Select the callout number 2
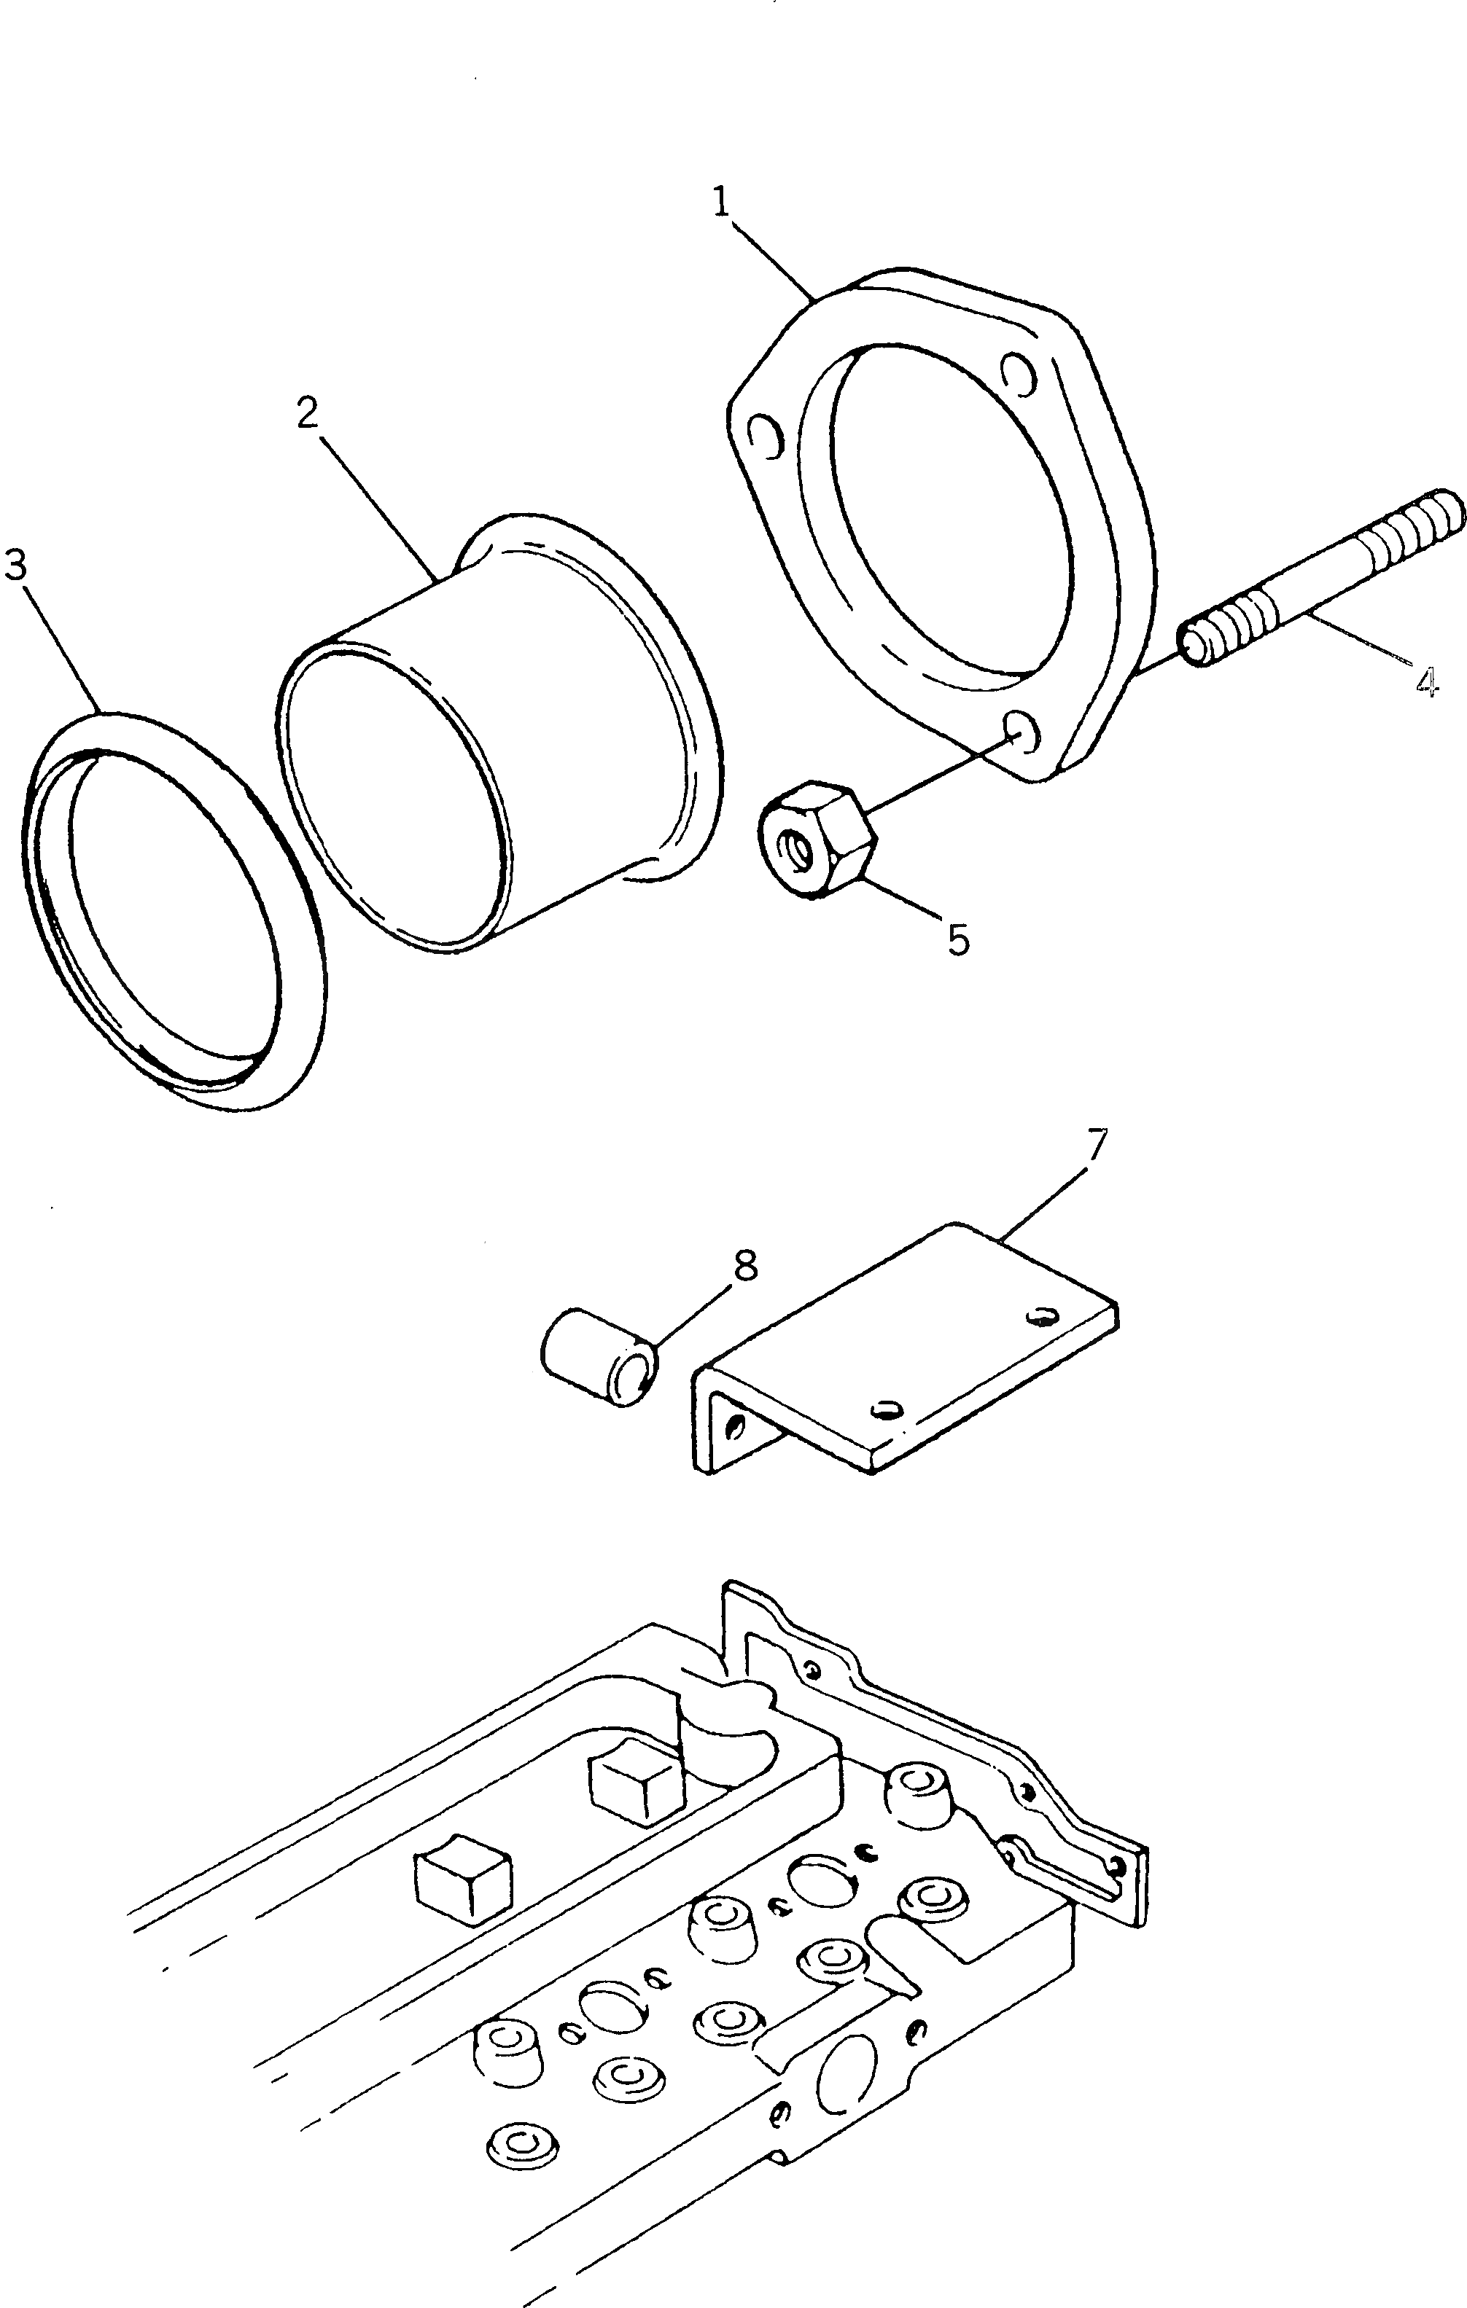pos(307,413)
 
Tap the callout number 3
pos(15,566)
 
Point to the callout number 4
pos(1425,681)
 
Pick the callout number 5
pos(958,939)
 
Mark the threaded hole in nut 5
pos(794,845)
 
